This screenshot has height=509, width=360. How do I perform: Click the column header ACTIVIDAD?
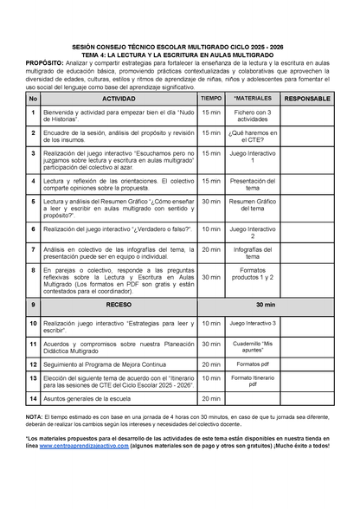point(119,99)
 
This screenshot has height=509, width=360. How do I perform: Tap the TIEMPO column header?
point(211,99)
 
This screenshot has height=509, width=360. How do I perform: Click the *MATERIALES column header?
point(253,99)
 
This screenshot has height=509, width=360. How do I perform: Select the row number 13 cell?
point(33,382)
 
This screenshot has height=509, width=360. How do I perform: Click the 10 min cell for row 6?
point(211,229)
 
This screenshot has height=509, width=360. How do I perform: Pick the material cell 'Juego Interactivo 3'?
point(253,323)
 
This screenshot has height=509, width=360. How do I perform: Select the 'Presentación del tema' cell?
point(253,183)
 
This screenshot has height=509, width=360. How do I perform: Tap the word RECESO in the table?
point(119,305)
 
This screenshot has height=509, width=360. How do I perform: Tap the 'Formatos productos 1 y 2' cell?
point(253,276)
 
